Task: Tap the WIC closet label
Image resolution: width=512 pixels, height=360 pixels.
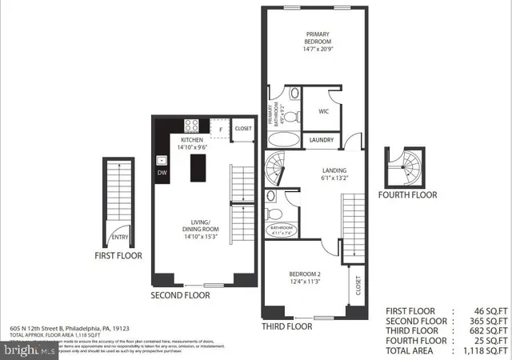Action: (x=324, y=112)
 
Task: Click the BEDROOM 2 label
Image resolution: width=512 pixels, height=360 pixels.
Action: (x=305, y=276)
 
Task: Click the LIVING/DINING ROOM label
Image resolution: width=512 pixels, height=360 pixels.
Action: (x=200, y=228)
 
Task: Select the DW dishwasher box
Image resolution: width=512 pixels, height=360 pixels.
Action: (x=162, y=173)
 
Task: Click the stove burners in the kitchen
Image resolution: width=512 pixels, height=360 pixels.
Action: (x=193, y=126)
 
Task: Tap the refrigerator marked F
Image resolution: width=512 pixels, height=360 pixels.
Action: (x=220, y=128)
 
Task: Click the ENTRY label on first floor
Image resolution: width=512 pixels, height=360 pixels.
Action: (x=120, y=237)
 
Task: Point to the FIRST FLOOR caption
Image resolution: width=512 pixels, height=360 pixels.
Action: (x=118, y=256)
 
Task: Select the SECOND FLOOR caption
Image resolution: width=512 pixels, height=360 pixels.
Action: (x=181, y=295)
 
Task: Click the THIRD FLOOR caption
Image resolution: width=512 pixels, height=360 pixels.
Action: (x=287, y=326)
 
